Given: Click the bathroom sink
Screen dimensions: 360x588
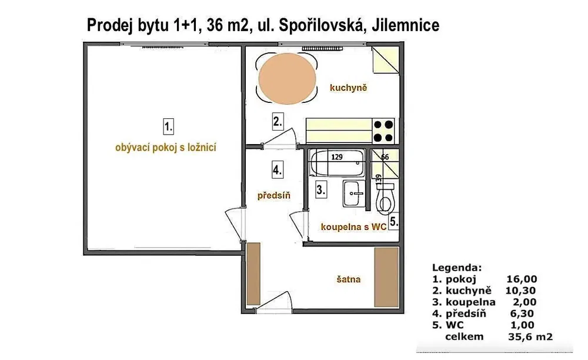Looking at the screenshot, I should (x=353, y=194).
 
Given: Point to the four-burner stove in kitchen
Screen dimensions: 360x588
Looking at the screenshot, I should (x=383, y=131).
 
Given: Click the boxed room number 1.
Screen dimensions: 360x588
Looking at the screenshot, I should (x=169, y=126).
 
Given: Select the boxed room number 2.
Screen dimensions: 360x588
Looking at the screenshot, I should (x=278, y=122).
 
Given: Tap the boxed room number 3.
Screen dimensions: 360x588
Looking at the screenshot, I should (x=320, y=190).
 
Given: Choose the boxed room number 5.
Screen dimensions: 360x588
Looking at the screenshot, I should (x=394, y=222).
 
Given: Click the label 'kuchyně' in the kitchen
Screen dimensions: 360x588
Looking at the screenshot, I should (x=348, y=88).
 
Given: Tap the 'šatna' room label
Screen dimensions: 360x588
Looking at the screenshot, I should (x=349, y=279).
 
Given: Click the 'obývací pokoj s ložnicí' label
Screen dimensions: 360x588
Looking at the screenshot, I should (x=166, y=148).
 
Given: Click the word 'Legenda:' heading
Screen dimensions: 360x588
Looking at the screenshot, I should (x=457, y=266).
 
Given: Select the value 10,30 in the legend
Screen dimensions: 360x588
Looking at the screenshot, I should (x=521, y=290).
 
